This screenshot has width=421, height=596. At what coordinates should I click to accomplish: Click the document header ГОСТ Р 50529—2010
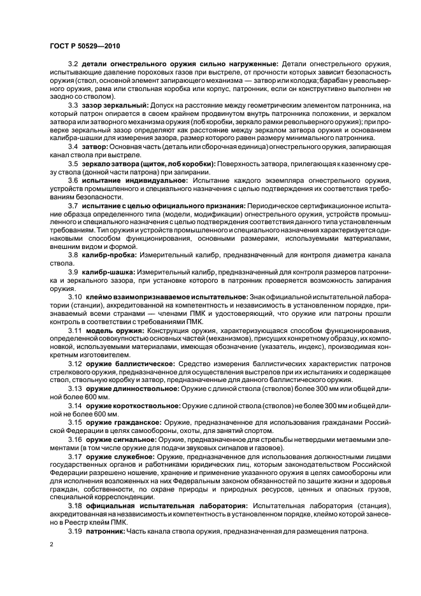click(85, 46)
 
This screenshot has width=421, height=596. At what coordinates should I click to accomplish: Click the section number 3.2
click(72, 65)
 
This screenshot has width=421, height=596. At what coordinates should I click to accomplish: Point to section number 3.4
click(72, 146)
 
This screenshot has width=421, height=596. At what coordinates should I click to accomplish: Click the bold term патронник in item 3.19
click(106, 532)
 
